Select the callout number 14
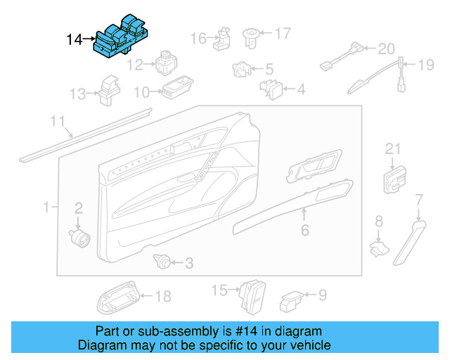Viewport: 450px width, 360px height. [x=75, y=39]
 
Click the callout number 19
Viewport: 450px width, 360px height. [x=427, y=65]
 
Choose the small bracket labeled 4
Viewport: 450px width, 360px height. [x=273, y=89]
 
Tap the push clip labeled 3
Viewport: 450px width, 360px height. [x=162, y=263]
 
